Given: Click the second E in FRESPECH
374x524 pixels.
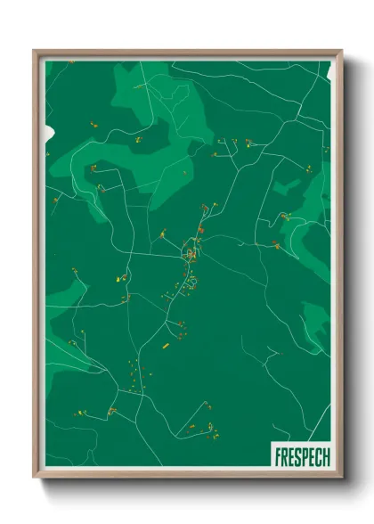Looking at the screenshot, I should pos(311,457).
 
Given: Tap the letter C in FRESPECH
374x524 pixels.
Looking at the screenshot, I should pos(318,457).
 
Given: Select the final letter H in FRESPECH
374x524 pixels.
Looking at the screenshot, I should pos(326,457).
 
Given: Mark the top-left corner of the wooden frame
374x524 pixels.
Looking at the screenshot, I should pos(34,51).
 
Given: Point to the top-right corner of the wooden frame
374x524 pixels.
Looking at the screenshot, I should pos(342,51).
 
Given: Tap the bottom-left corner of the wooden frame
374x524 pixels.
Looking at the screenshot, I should pos(34,479).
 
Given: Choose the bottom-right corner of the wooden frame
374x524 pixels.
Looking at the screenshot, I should pos(342,479).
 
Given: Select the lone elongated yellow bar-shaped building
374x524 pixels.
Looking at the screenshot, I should pos(164,344).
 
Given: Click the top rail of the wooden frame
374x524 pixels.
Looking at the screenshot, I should pos(187,53).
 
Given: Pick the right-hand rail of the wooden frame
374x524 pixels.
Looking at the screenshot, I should pos(339,267).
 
